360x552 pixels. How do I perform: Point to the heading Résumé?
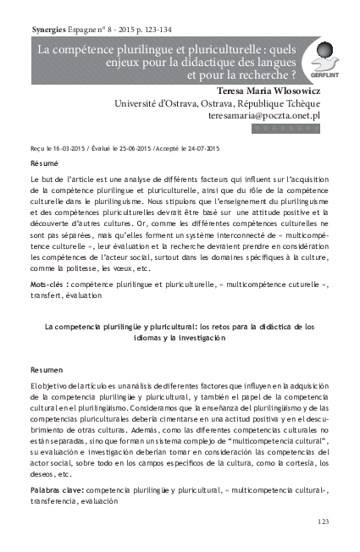coord(44,161)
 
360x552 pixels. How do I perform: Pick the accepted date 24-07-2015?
coord(200,147)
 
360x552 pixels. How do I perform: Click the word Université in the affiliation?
coord(140,102)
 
